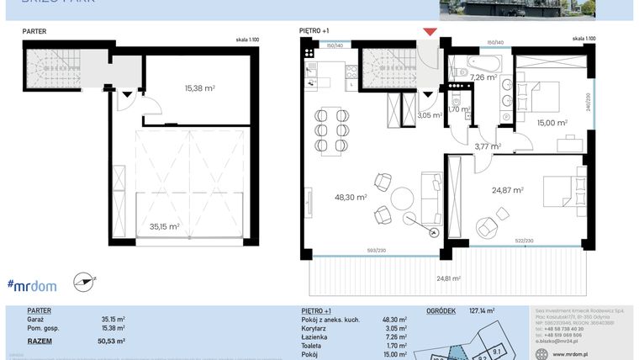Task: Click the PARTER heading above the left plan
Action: pyautogui.click(x=34, y=31)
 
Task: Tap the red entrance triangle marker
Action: pyautogui.click(x=430, y=32)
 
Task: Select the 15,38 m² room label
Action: pyautogui.click(x=199, y=87)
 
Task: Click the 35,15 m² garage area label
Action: pyautogui.click(x=163, y=226)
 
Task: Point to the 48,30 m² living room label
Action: pyautogui.click(x=350, y=198)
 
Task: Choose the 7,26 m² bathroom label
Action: pyautogui.click(x=483, y=77)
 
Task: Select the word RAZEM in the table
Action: pyautogui.click(x=40, y=341)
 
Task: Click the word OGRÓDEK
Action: pyautogui.click(x=441, y=310)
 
